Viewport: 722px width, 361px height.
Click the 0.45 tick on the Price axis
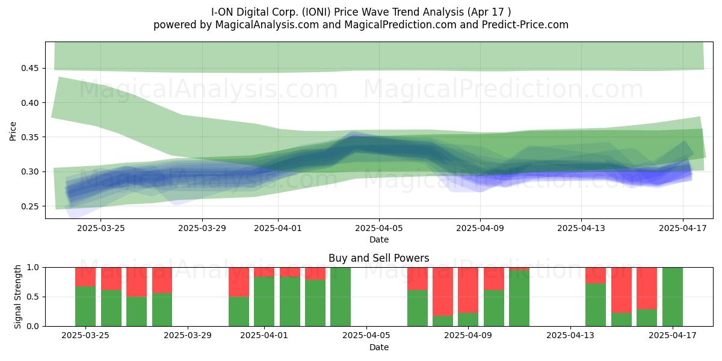[29, 69]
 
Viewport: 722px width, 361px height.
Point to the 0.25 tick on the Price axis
[29, 206]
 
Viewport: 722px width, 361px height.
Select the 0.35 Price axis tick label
[29, 137]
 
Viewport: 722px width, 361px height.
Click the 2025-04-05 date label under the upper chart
[379, 228]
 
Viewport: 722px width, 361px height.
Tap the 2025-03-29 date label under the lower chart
[188, 336]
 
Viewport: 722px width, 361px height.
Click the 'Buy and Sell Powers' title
[378, 258]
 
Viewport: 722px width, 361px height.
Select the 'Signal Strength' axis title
[17, 297]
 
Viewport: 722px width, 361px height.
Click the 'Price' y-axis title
[13, 131]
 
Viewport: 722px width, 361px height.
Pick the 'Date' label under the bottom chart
[379, 348]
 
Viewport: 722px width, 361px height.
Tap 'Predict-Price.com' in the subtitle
[525, 25]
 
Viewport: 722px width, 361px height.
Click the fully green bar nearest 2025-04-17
[673, 297]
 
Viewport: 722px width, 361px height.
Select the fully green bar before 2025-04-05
[341, 297]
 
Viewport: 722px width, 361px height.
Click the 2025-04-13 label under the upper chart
[581, 228]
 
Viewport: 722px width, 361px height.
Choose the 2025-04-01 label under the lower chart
[264, 336]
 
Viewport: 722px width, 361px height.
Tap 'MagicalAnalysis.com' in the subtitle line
[267, 25]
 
